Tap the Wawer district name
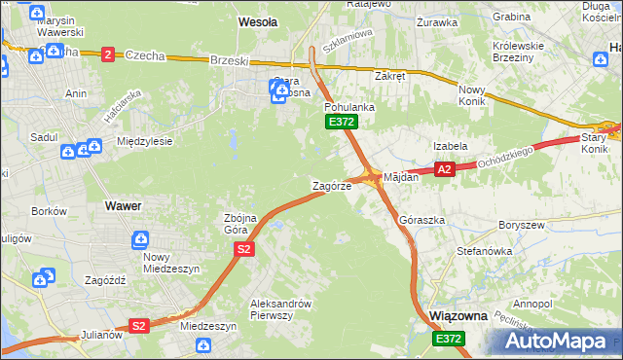click(123, 206)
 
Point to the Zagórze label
click(331, 185)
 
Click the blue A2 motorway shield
click(445, 169)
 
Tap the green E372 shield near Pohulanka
click(342, 122)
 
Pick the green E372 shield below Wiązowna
click(449, 338)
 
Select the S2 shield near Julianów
click(139, 326)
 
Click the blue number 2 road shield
click(107, 54)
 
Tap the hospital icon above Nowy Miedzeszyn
click(142, 239)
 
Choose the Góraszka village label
click(421, 221)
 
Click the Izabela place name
click(451, 146)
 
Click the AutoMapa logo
click(561, 341)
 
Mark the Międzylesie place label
click(144, 141)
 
